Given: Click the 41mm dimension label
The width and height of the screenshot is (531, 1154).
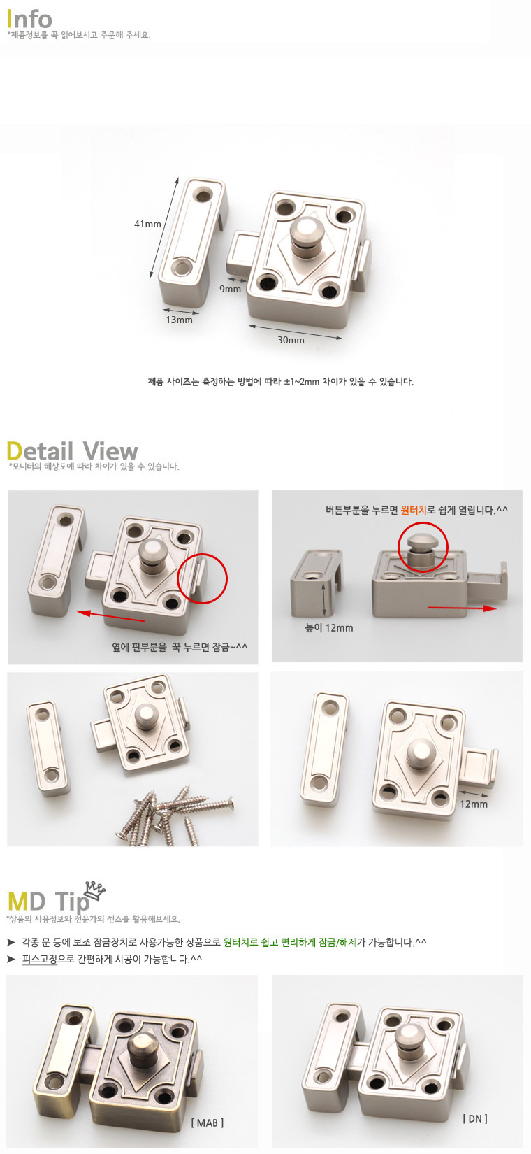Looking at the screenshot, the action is tap(147, 224).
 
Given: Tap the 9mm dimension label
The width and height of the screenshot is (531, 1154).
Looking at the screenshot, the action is tap(230, 289).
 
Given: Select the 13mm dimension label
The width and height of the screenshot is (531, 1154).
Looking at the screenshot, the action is tap(179, 320).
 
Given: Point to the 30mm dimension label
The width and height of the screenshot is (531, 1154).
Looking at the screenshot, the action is tap(291, 340).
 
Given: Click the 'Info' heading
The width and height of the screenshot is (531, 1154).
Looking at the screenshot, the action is tap(29, 19).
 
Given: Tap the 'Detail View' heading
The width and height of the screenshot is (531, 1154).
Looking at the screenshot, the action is tap(72, 451).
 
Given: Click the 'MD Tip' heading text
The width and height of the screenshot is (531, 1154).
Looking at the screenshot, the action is tap(48, 902).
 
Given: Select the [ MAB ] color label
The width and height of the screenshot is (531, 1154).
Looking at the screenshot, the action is tap(208, 1123).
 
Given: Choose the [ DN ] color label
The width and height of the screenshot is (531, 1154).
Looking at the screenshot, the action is tap(475, 1118).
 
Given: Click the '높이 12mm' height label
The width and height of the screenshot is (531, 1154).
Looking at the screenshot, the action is tap(329, 628).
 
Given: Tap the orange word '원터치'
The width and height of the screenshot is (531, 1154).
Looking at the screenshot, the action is tap(414, 510).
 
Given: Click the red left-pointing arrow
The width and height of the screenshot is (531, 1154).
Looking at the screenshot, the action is tap(111, 617).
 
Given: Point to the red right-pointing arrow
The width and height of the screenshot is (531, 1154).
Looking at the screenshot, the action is tap(462, 608).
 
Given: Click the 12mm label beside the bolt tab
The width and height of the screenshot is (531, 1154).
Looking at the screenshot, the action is tap(474, 804).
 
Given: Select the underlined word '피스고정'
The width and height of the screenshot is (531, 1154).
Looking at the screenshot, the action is tap(40, 959).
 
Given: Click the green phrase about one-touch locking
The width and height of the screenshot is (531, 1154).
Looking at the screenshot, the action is tap(290, 942).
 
